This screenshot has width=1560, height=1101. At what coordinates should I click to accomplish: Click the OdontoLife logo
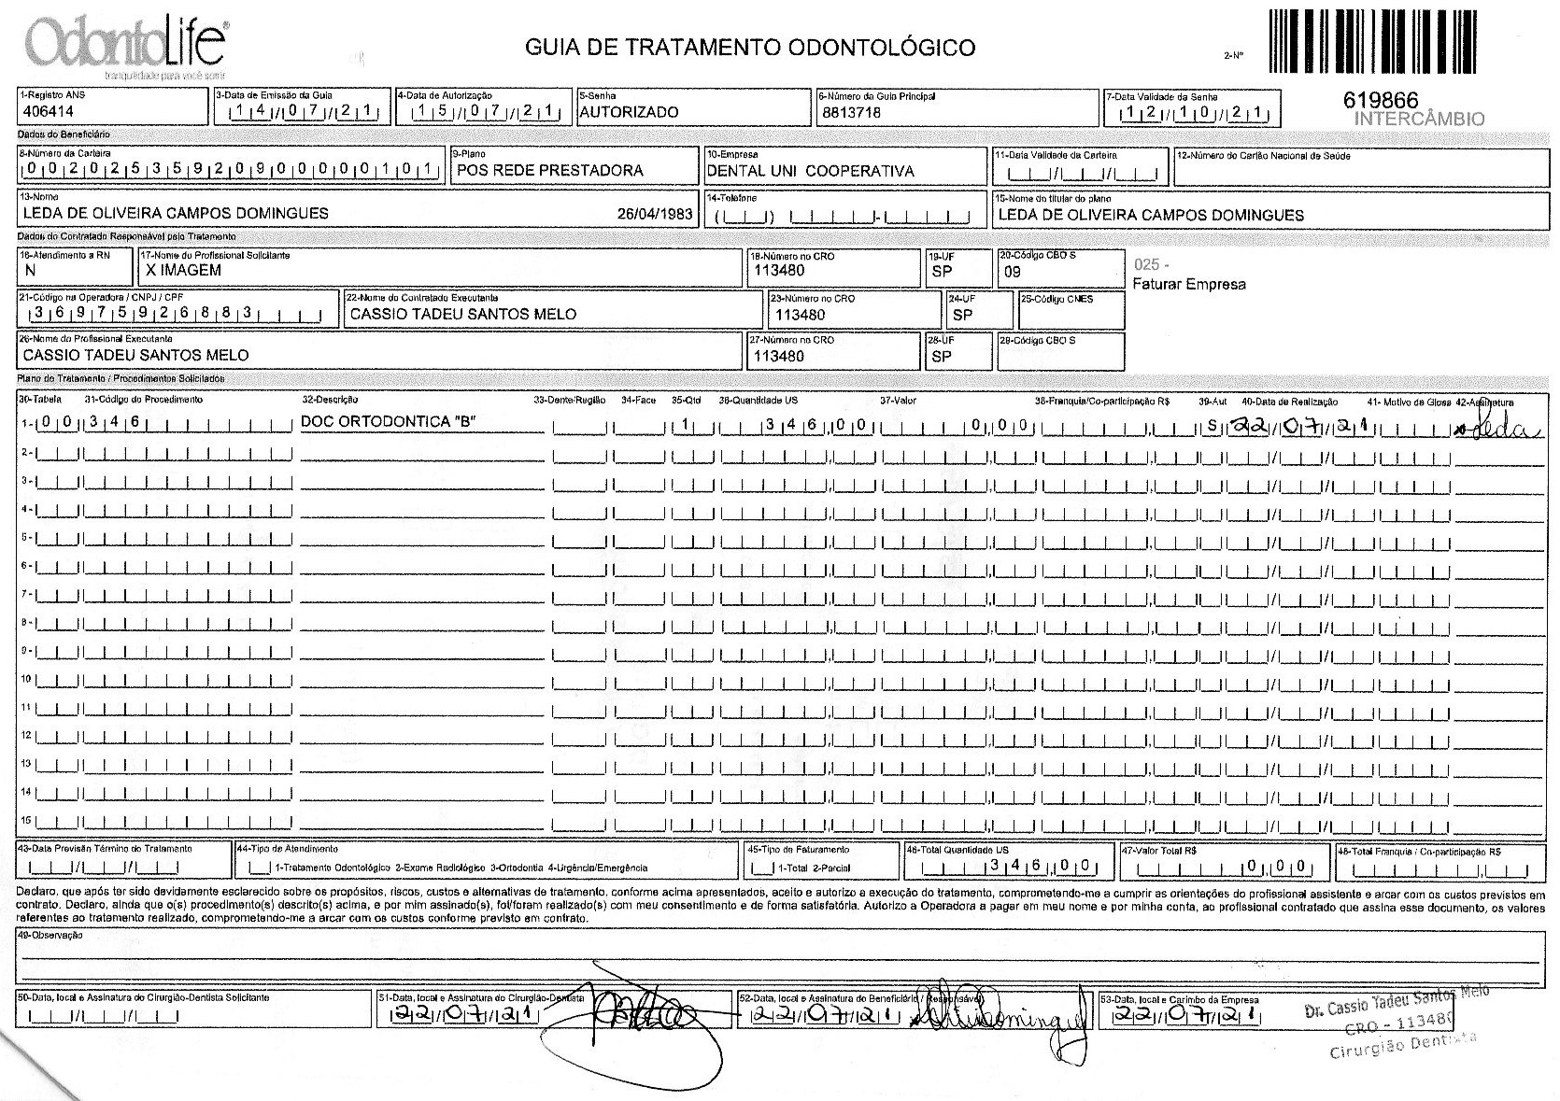point(126,43)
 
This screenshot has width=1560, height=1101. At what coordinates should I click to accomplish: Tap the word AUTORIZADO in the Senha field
point(629,112)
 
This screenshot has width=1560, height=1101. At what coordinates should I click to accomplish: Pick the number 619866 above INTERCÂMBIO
point(1380,100)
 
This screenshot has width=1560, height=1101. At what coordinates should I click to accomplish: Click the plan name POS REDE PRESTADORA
point(549,170)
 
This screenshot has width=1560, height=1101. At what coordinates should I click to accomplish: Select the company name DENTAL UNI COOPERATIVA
point(810,171)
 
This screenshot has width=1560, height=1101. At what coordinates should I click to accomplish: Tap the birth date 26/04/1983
point(655,213)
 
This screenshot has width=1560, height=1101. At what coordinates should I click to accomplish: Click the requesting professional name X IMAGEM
point(183,270)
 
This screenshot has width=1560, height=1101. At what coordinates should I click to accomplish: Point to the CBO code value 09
point(1012,272)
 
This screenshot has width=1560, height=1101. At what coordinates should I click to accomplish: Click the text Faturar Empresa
point(1188,284)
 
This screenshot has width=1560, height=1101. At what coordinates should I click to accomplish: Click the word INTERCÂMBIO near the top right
point(1418,119)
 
